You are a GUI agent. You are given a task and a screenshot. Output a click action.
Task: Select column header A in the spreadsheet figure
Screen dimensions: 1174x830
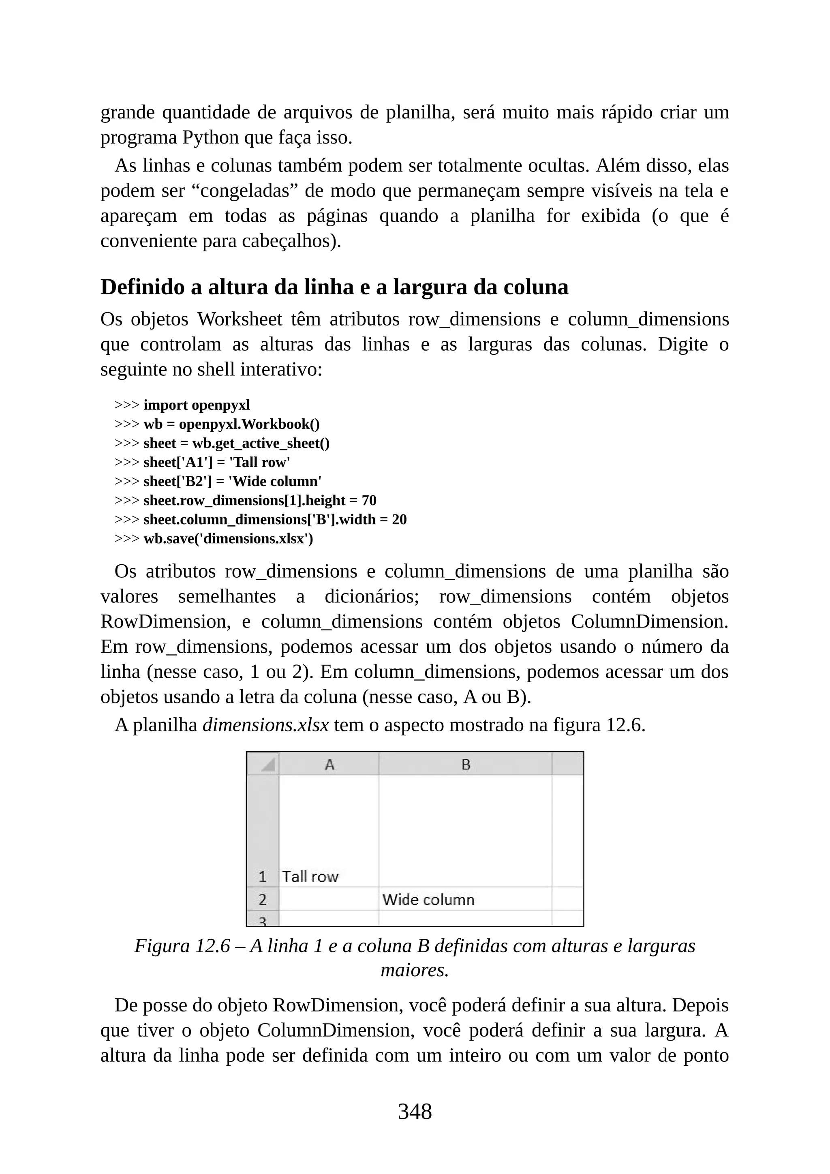329,765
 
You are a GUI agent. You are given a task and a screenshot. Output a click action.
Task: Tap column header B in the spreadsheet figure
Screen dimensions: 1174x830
465,765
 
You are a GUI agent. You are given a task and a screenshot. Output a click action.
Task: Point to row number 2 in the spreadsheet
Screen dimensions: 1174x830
263,900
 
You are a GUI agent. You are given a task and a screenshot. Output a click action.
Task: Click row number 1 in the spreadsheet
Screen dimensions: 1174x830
263,876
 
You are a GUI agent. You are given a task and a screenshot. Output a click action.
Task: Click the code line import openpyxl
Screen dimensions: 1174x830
197,405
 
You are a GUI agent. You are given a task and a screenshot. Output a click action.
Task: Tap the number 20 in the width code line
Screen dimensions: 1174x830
399,520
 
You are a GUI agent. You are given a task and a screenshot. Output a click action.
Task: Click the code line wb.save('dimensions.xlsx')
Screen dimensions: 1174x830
228,538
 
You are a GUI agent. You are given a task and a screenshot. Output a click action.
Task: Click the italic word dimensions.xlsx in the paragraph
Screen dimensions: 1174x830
265,725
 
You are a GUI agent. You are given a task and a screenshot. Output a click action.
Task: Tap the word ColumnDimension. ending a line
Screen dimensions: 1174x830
649,621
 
